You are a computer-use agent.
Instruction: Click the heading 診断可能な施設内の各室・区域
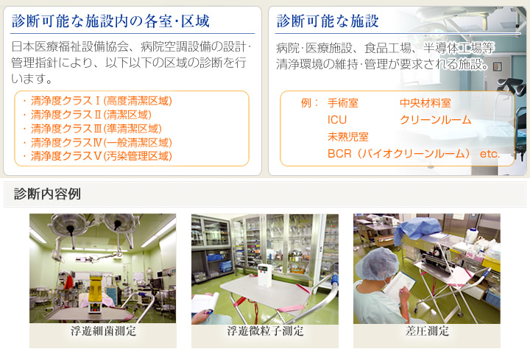tap(110, 21)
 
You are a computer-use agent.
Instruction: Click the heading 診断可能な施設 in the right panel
tap(327, 21)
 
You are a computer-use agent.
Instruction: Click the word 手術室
tap(343, 103)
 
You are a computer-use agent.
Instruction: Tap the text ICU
tap(337, 120)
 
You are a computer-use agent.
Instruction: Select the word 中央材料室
tap(425, 103)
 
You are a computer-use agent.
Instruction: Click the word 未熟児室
tap(347, 136)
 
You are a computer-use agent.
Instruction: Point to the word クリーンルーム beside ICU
tap(435, 120)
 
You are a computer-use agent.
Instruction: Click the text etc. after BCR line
tap(490, 154)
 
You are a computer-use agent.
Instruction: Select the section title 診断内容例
tap(47, 194)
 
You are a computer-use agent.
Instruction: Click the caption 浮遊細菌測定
tap(104, 331)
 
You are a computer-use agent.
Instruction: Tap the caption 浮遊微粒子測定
tap(265, 331)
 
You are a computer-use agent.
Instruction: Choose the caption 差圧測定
tap(427, 331)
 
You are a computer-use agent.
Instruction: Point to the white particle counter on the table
tap(265, 275)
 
